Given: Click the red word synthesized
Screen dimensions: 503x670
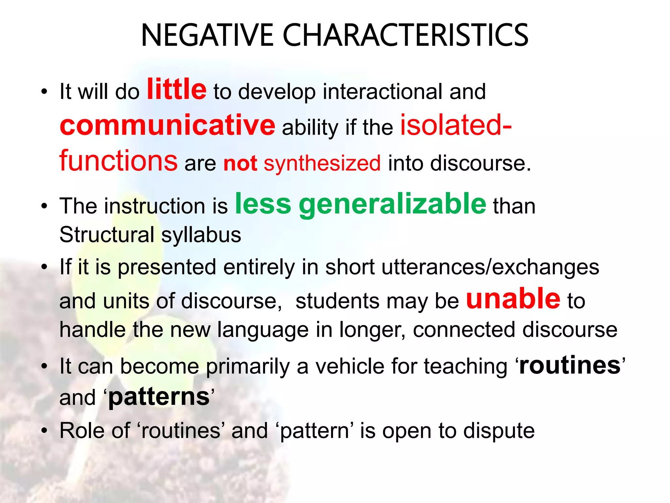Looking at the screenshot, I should tap(322, 163).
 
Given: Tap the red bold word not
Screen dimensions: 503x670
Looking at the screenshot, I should tap(240, 163).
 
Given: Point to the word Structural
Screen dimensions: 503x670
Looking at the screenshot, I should tap(107, 235).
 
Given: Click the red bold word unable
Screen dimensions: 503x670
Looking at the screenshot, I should tap(513, 299).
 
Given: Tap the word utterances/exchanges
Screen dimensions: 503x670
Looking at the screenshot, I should tap(490, 267).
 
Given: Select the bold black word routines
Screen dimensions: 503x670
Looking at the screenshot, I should tap(570, 365).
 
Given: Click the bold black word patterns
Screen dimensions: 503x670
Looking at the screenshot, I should tap(159, 398).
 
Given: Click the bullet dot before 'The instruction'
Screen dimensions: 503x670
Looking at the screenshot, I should tap(44, 206).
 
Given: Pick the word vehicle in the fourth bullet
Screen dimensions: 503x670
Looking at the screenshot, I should tap(350, 366).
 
